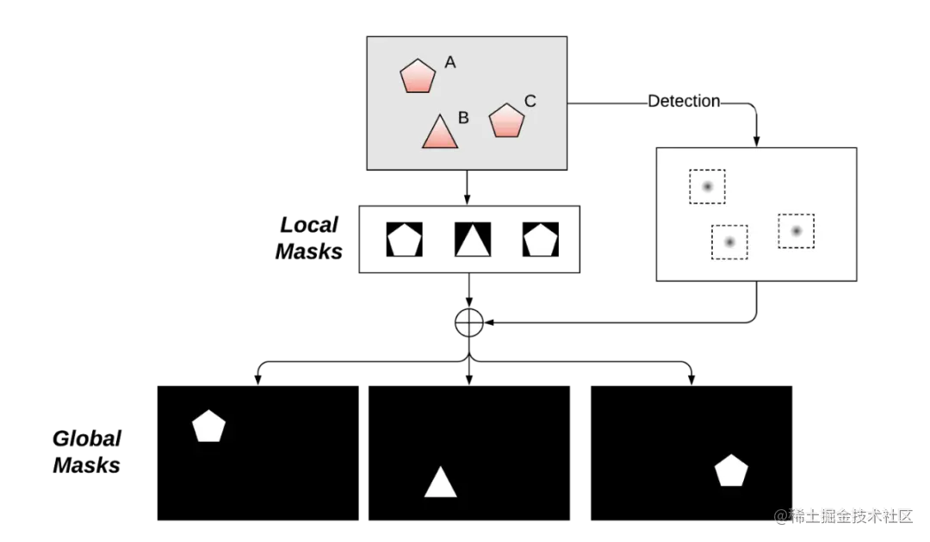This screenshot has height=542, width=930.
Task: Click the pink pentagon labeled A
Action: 418,77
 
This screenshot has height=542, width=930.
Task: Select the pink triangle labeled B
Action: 440,133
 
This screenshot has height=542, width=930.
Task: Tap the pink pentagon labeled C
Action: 506,121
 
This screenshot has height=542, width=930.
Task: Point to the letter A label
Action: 449,62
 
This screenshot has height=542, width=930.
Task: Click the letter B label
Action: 463,118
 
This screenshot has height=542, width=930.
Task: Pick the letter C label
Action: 530,101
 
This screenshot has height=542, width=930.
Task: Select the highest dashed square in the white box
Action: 707,186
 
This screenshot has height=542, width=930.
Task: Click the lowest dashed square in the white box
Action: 729,242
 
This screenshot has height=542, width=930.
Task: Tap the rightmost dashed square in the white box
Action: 797,231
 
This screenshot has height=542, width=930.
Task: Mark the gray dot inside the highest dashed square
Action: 707,186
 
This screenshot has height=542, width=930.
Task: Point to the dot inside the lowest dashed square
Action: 729,242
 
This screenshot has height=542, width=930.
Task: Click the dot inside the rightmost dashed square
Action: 797,231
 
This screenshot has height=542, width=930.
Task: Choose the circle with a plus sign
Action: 468,323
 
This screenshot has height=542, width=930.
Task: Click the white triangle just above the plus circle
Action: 473,242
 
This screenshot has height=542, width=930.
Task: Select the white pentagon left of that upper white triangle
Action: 404,241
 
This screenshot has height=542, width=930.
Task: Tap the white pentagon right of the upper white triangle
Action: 541,241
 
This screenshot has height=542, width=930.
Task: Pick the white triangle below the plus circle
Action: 440,484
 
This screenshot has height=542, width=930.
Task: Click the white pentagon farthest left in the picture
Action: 208,427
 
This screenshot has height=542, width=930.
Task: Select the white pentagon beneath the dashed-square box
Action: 731,471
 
